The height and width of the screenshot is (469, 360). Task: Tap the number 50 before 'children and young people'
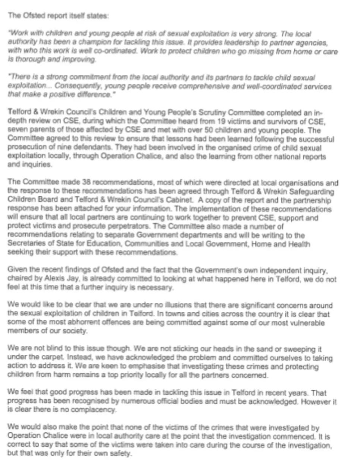[178, 130]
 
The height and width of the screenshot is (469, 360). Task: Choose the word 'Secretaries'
[24, 244]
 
